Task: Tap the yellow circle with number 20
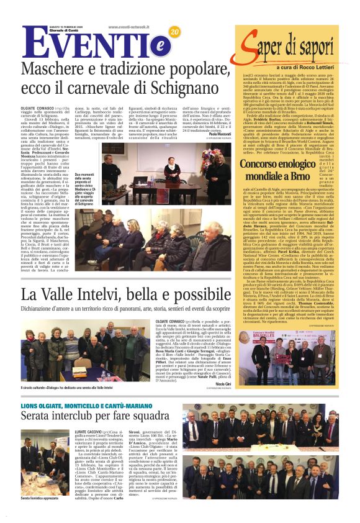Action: click(x=174, y=32)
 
